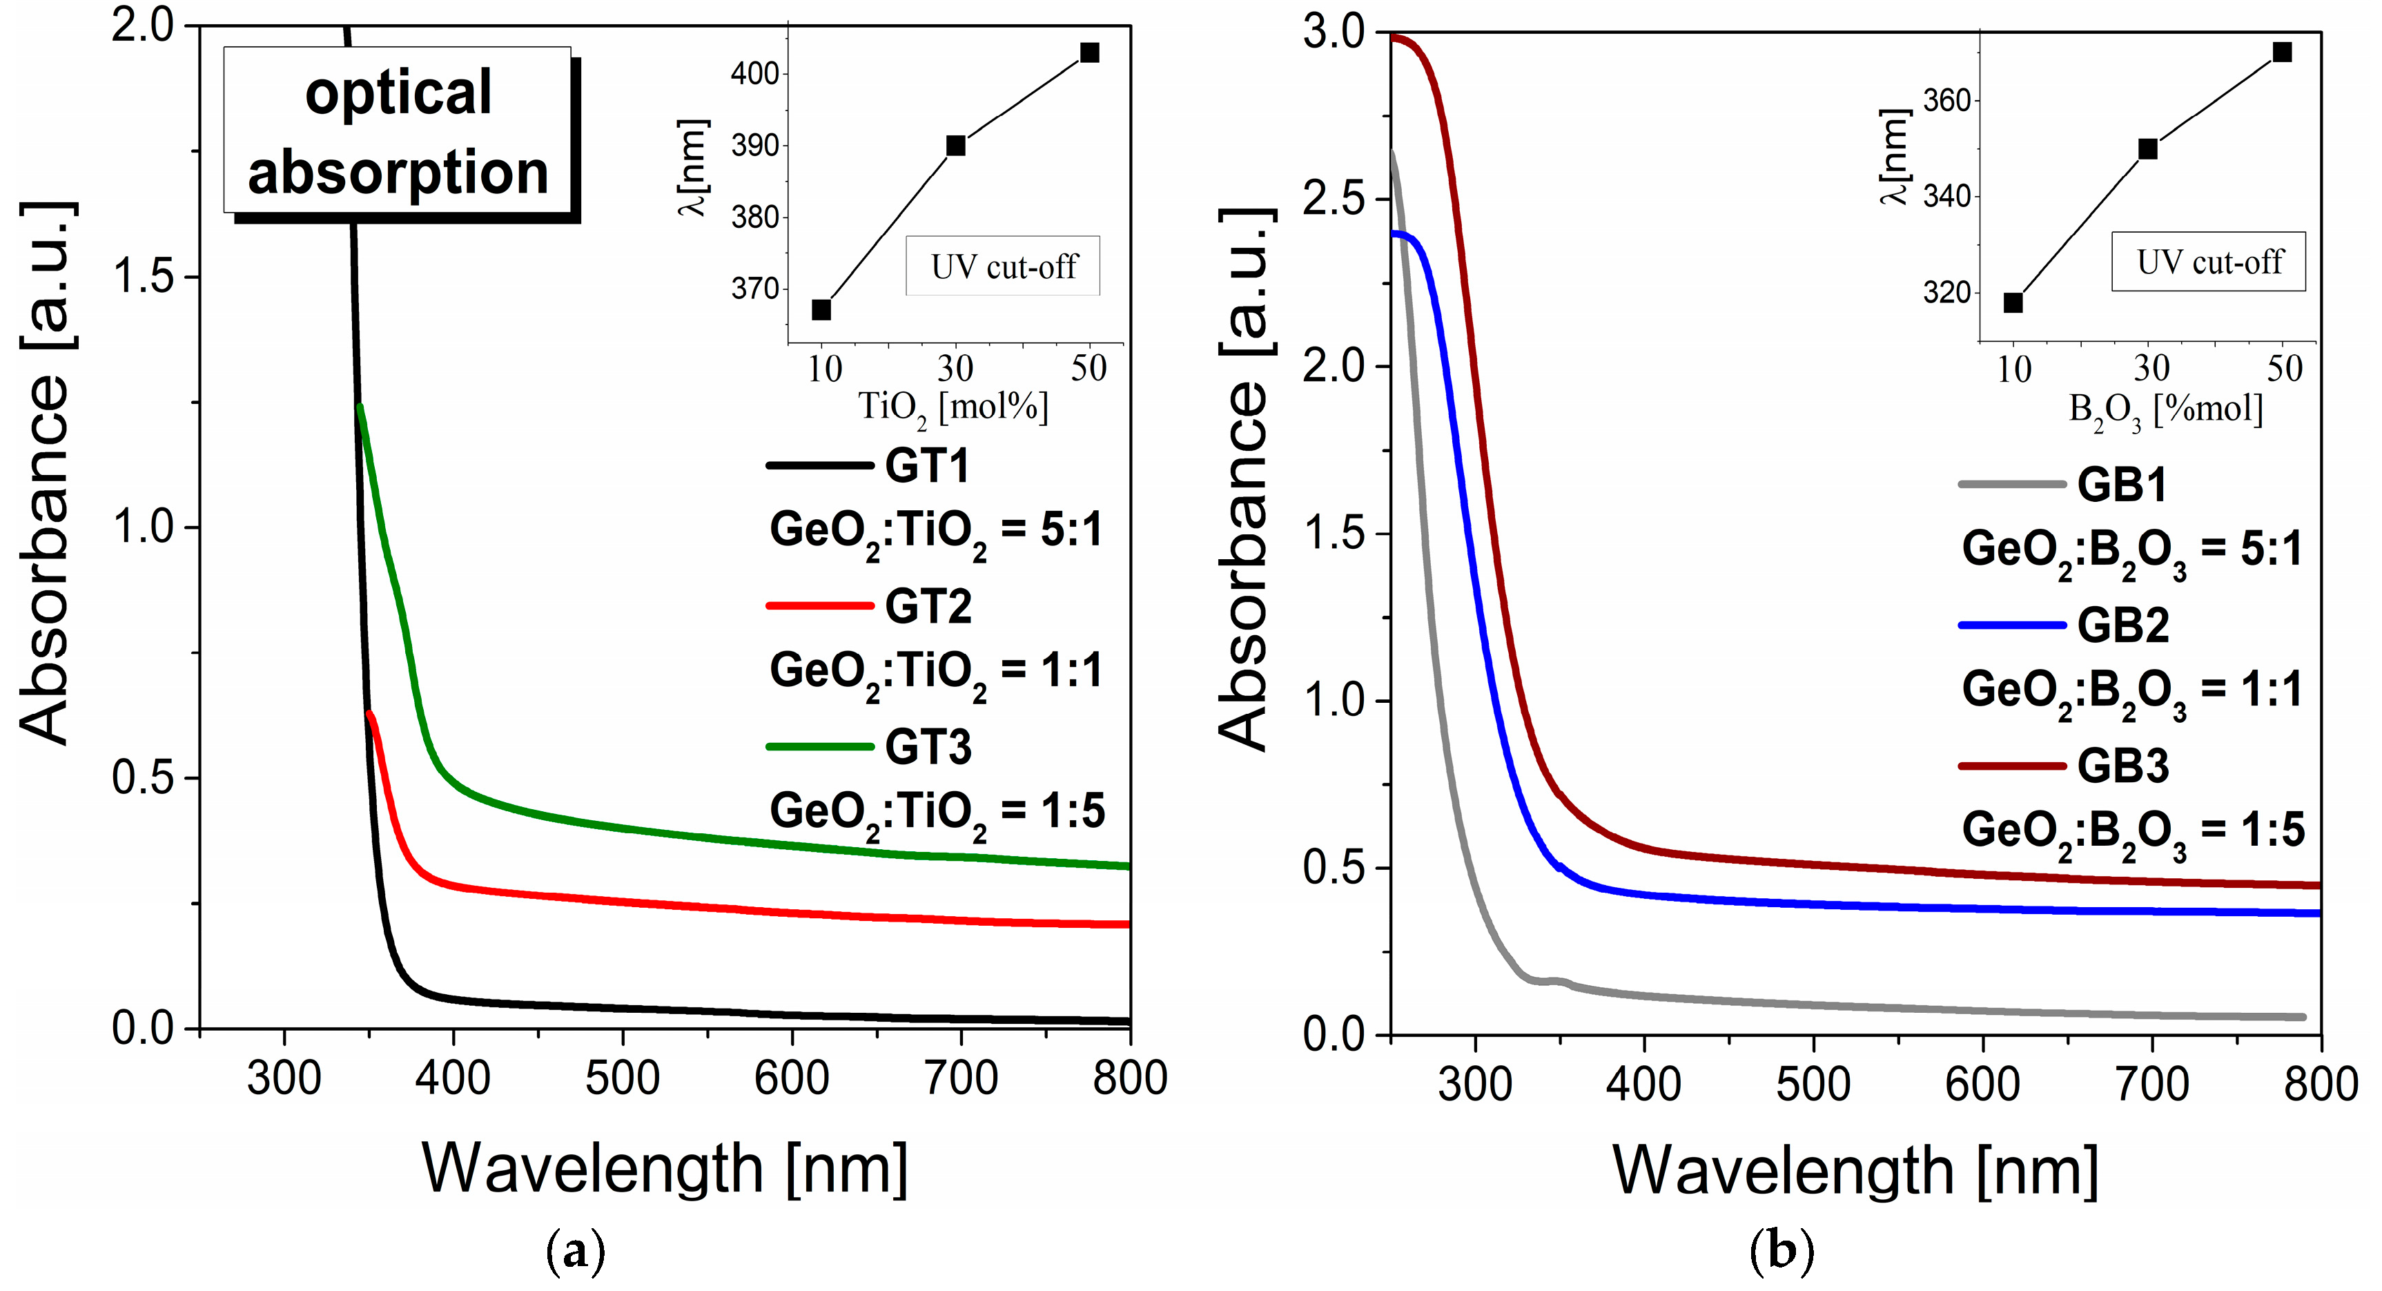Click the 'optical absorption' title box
(398, 131)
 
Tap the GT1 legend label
(928, 465)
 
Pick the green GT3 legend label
(928, 747)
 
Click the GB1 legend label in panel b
(2122, 485)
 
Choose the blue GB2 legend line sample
(2012, 626)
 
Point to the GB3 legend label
(2123, 766)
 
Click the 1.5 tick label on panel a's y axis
(144, 277)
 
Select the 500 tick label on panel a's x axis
(623, 1078)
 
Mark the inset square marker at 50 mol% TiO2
(1089, 52)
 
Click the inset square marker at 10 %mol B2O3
(2013, 303)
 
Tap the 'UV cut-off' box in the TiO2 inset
(1004, 266)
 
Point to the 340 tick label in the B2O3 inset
(1946, 196)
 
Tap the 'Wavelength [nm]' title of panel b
(1855, 1171)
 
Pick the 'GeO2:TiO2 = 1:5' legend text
(937, 812)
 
